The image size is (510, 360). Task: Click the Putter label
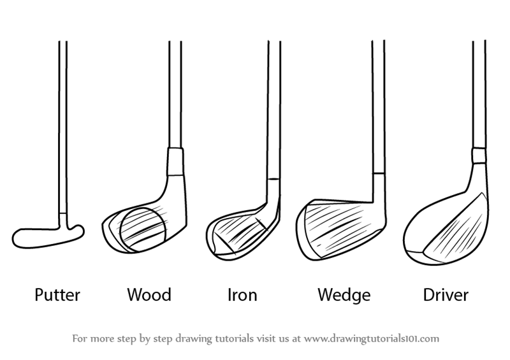pyautogui.click(x=57, y=295)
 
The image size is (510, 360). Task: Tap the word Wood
pyautogui.click(x=149, y=295)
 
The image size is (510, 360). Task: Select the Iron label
pyautogui.click(x=242, y=295)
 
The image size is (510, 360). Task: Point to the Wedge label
pyautogui.click(x=344, y=295)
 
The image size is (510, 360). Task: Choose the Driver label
pyautogui.click(x=446, y=295)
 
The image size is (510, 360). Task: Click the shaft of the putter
pyautogui.click(x=62, y=127)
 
